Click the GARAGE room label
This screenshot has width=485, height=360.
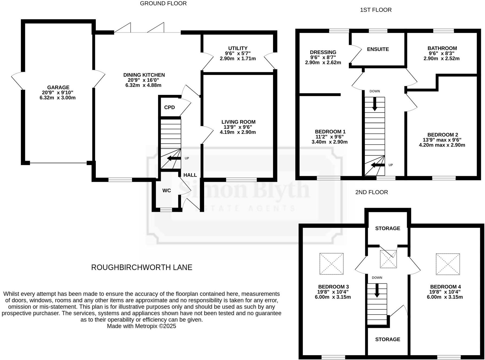58,87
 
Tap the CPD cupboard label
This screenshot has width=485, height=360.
169,107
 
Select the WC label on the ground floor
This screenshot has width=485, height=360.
167,190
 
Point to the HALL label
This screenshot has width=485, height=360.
190,175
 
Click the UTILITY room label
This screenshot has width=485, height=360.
238,48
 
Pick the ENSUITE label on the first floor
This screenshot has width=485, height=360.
378,49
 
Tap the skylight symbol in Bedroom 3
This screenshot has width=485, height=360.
332,264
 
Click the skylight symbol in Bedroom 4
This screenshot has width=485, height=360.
448,264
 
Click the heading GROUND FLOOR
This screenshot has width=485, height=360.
163,4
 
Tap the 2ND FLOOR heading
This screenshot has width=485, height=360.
372,192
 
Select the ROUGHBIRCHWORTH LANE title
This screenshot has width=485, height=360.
142,267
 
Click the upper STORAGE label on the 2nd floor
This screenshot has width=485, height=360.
388,228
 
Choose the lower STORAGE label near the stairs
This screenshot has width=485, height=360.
388,339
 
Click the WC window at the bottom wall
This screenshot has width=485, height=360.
166,209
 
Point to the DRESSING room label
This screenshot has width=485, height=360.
323,52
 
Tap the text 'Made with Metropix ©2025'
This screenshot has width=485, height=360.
142,326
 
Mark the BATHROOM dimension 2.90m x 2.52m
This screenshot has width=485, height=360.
441,58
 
